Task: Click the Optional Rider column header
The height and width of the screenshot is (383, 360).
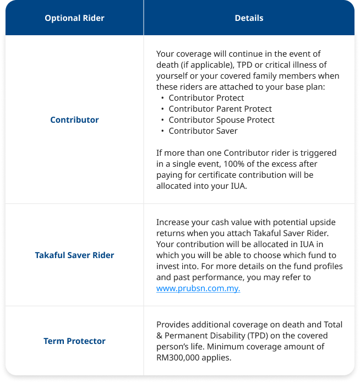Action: coord(74,18)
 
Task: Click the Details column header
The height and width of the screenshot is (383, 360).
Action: coord(249,18)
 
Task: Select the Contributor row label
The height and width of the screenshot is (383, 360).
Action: coord(74,119)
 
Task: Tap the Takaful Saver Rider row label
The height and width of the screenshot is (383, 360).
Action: coord(74,255)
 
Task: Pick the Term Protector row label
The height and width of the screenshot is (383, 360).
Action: coord(74,341)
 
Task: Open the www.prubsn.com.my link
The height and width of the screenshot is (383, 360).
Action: coord(198,288)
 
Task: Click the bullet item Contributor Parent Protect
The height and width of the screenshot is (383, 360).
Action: coord(220,109)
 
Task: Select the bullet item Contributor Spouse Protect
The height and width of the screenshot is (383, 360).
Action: coord(221,120)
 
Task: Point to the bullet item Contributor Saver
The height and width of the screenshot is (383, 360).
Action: coord(203,131)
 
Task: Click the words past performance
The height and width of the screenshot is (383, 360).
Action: coord(204,277)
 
